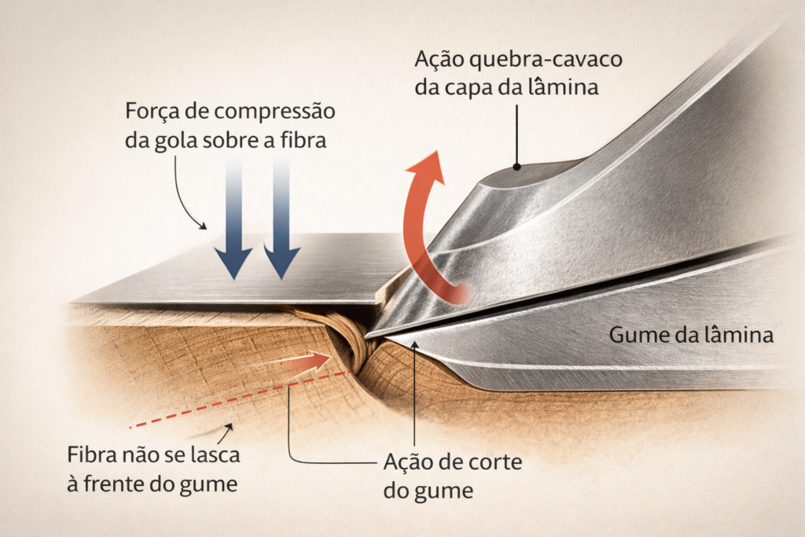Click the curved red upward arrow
[421, 228]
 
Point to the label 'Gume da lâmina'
[692, 336]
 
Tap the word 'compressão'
[287, 112]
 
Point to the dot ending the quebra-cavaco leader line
[516, 166]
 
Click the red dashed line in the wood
[236, 400]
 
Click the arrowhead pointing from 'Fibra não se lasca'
[229, 428]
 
